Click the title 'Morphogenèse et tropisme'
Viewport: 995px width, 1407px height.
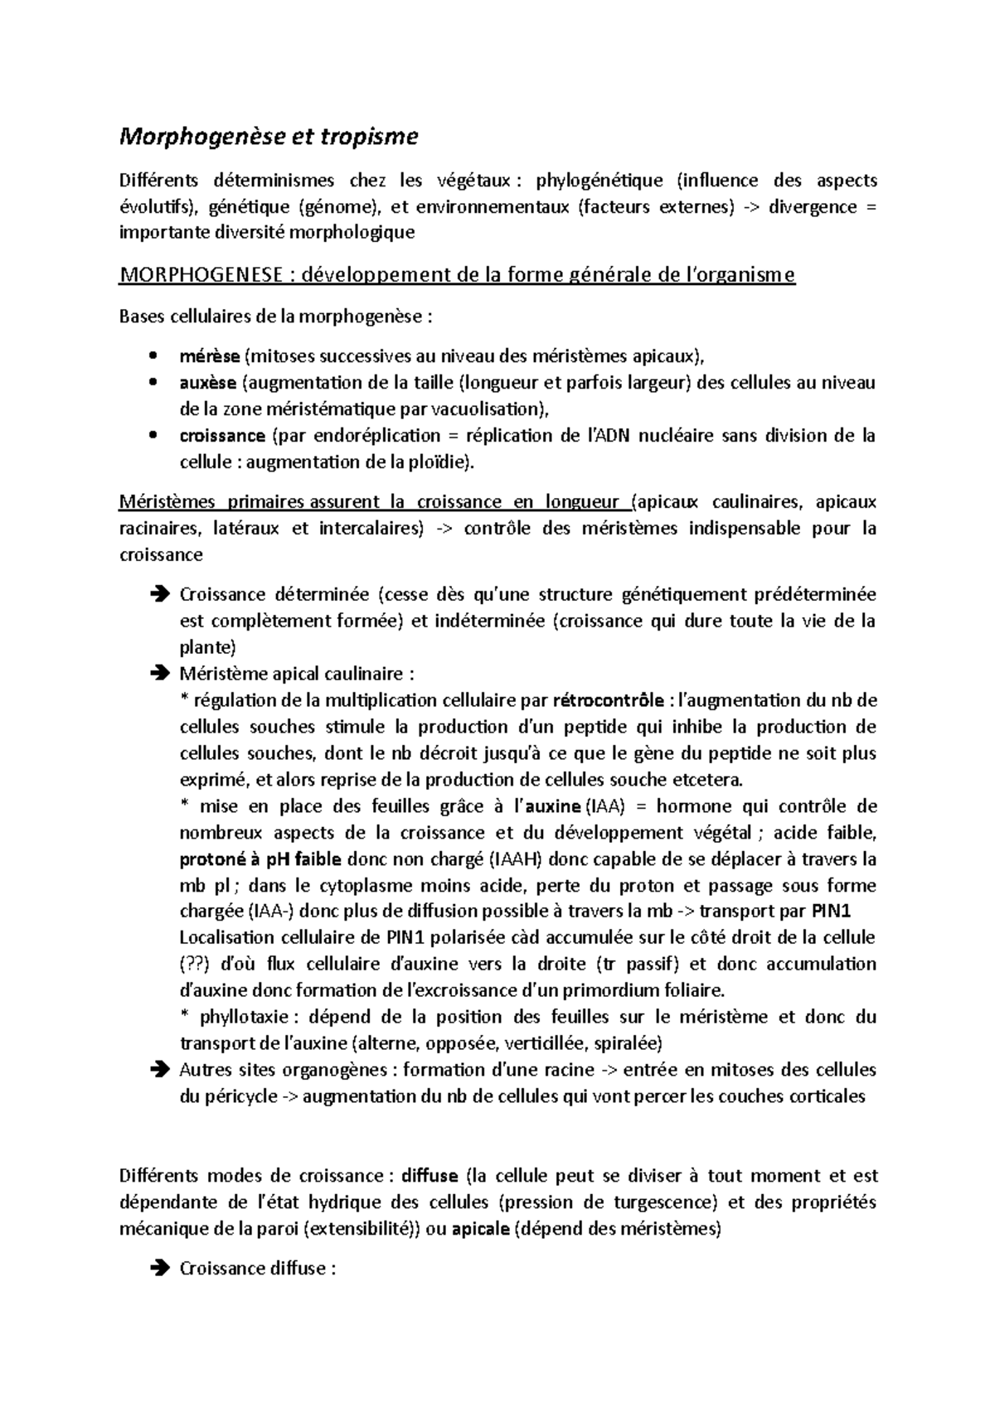[269, 137]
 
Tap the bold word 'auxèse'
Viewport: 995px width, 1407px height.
[208, 383]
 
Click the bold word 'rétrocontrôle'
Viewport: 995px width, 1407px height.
[608, 701]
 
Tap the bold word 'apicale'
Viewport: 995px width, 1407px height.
[481, 1229]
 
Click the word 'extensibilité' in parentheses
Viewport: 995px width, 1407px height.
[361, 1229]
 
